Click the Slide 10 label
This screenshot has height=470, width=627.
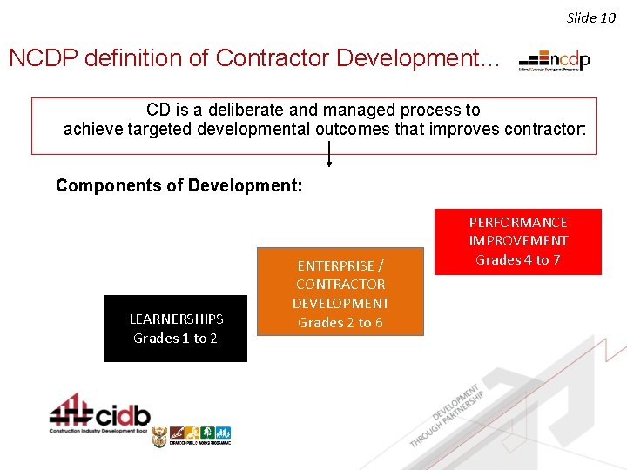point(590,17)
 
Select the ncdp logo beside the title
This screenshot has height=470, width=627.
point(555,60)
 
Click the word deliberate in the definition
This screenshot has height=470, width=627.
point(241,111)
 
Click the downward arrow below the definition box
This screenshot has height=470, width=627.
point(329,155)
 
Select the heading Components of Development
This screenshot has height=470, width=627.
point(179,185)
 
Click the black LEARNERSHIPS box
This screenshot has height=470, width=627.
point(176,328)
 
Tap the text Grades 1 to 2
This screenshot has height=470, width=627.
point(176,339)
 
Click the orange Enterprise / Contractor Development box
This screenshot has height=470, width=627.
point(340,293)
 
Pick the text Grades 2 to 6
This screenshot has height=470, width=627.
point(340,323)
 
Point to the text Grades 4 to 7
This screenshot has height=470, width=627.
point(518,259)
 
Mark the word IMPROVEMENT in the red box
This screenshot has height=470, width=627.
point(518,241)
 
